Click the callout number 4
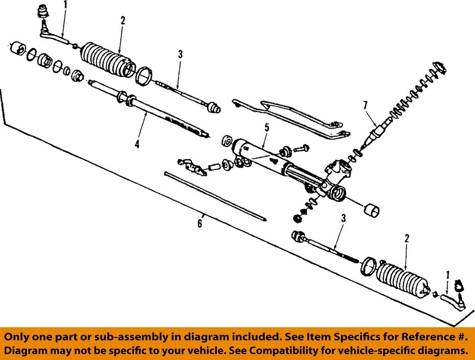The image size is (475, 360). (x=137, y=144)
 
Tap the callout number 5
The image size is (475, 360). (x=266, y=128)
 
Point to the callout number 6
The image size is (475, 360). (x=199, y=224)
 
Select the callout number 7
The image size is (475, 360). (x=365, y=105)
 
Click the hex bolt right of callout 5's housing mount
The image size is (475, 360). (x=302, y=148)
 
